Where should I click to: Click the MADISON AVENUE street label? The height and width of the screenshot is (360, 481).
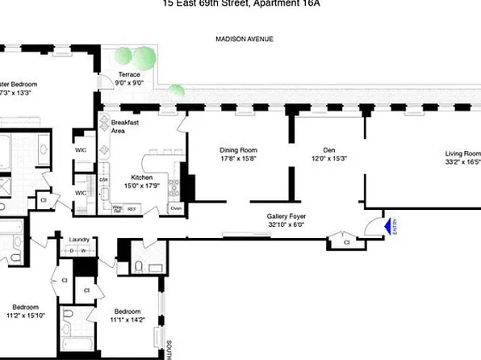tap(243, 39)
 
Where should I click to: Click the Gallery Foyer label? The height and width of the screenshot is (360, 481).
tap(288, 217)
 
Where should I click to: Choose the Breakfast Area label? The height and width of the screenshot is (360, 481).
tap(111, 126)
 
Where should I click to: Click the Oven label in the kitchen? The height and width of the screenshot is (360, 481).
tap(175, 208)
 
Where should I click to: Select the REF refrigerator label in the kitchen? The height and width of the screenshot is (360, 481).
tap(132, 208)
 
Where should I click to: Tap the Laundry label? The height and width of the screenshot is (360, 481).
tap(79, 240)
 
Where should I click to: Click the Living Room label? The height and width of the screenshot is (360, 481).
tap(462, 152)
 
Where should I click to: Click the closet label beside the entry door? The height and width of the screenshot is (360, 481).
tap(346, 241)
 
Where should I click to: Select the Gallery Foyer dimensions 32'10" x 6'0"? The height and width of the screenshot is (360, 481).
tap(288, 226)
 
